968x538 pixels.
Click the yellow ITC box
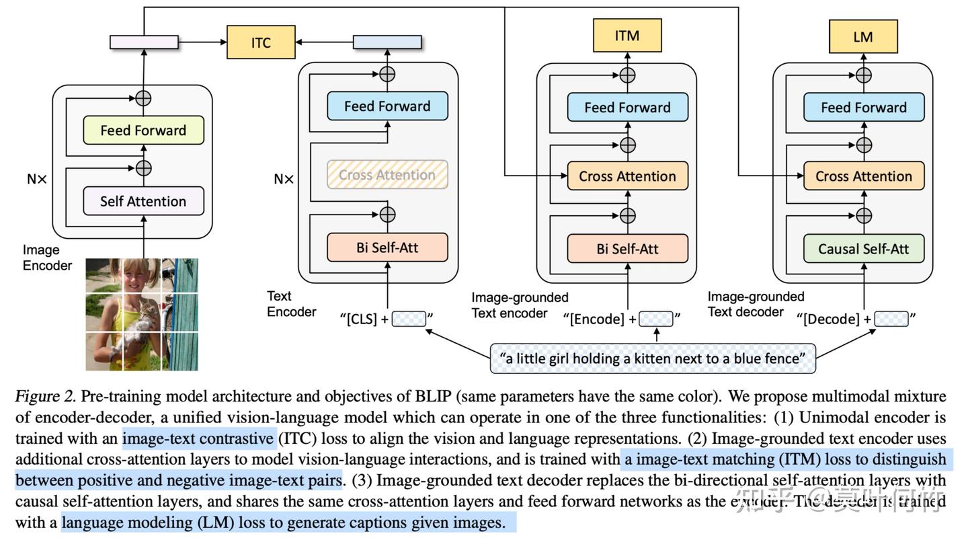(x=261, y=42)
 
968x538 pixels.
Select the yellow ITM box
(x=627, y=35)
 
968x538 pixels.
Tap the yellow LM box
(x=863, y=36)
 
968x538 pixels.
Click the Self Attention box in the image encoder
(x=143, y=201)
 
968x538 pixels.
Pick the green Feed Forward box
(x=143, y=130)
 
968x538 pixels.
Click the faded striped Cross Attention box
(x=387, y=175)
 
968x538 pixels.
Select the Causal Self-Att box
(x=863, y=249)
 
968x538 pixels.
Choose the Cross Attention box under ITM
(x=627, y=176)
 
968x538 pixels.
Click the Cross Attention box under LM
(x=863, y=176)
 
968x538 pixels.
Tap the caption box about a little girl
(x=653, y=358)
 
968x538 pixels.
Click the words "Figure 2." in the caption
(x=40, y=395)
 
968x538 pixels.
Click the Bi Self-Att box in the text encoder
(x=387, y=247)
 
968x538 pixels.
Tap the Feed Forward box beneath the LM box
(x=863, y=108)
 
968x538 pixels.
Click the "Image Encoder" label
(x=47, y=258)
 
